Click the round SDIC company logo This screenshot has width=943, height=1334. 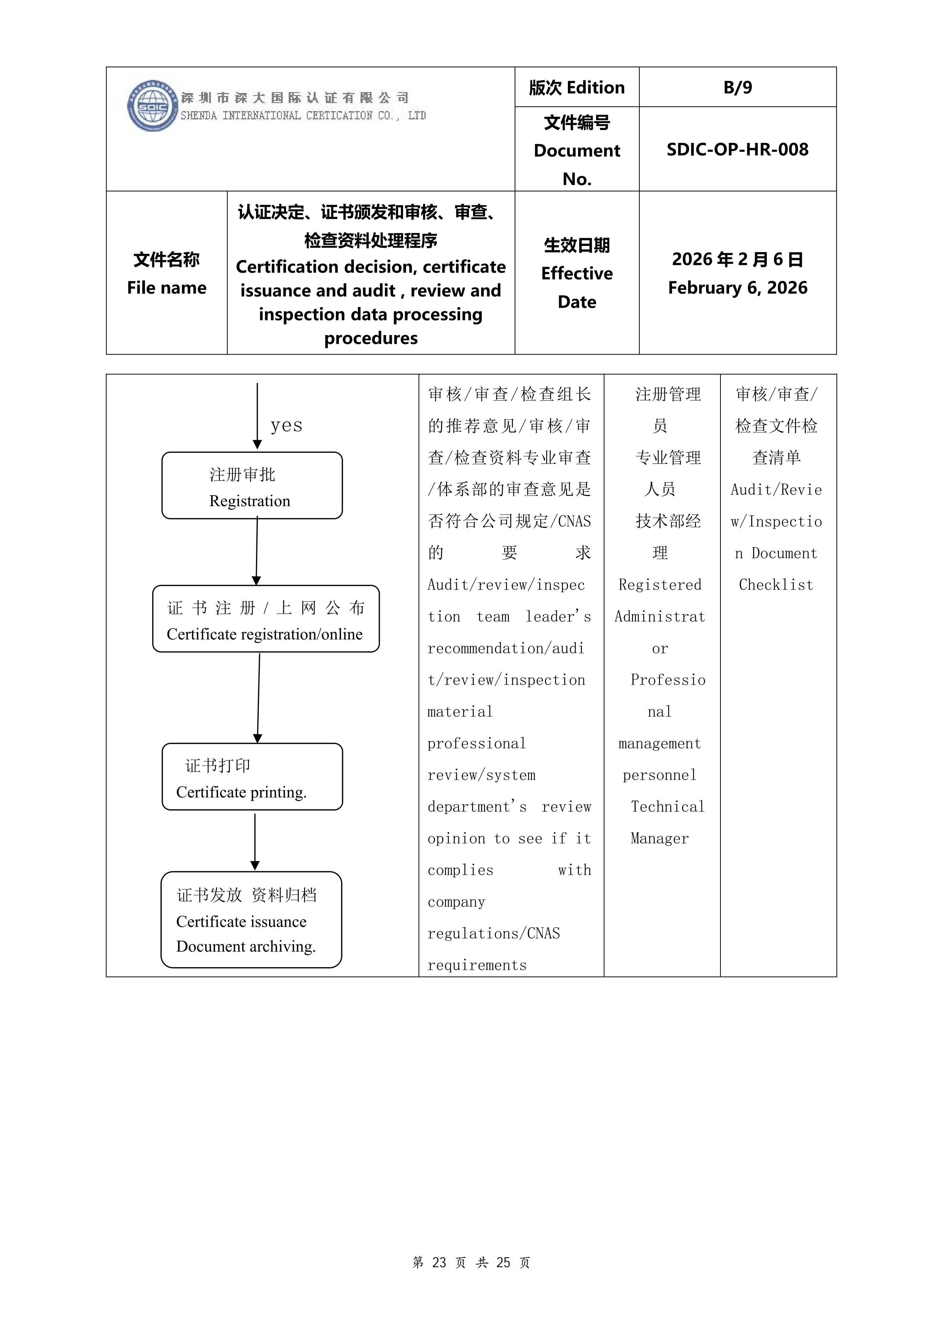coord(153,106)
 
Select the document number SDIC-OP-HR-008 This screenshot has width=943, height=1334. coord(737,149)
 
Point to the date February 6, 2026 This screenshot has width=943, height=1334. coord(737,288)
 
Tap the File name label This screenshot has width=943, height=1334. coord(167,288)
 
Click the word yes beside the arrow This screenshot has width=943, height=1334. coord(286,425)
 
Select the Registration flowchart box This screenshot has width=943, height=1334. coord(252,485)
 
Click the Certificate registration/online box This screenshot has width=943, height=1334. coord(266,618)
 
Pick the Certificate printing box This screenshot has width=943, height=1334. coord(252,776)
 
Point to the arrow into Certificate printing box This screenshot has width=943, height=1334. coord(259,698)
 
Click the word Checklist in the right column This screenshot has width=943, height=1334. coord(776,585)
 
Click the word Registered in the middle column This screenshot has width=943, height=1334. coord(660,585)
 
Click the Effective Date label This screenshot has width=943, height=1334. coord(577,288)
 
